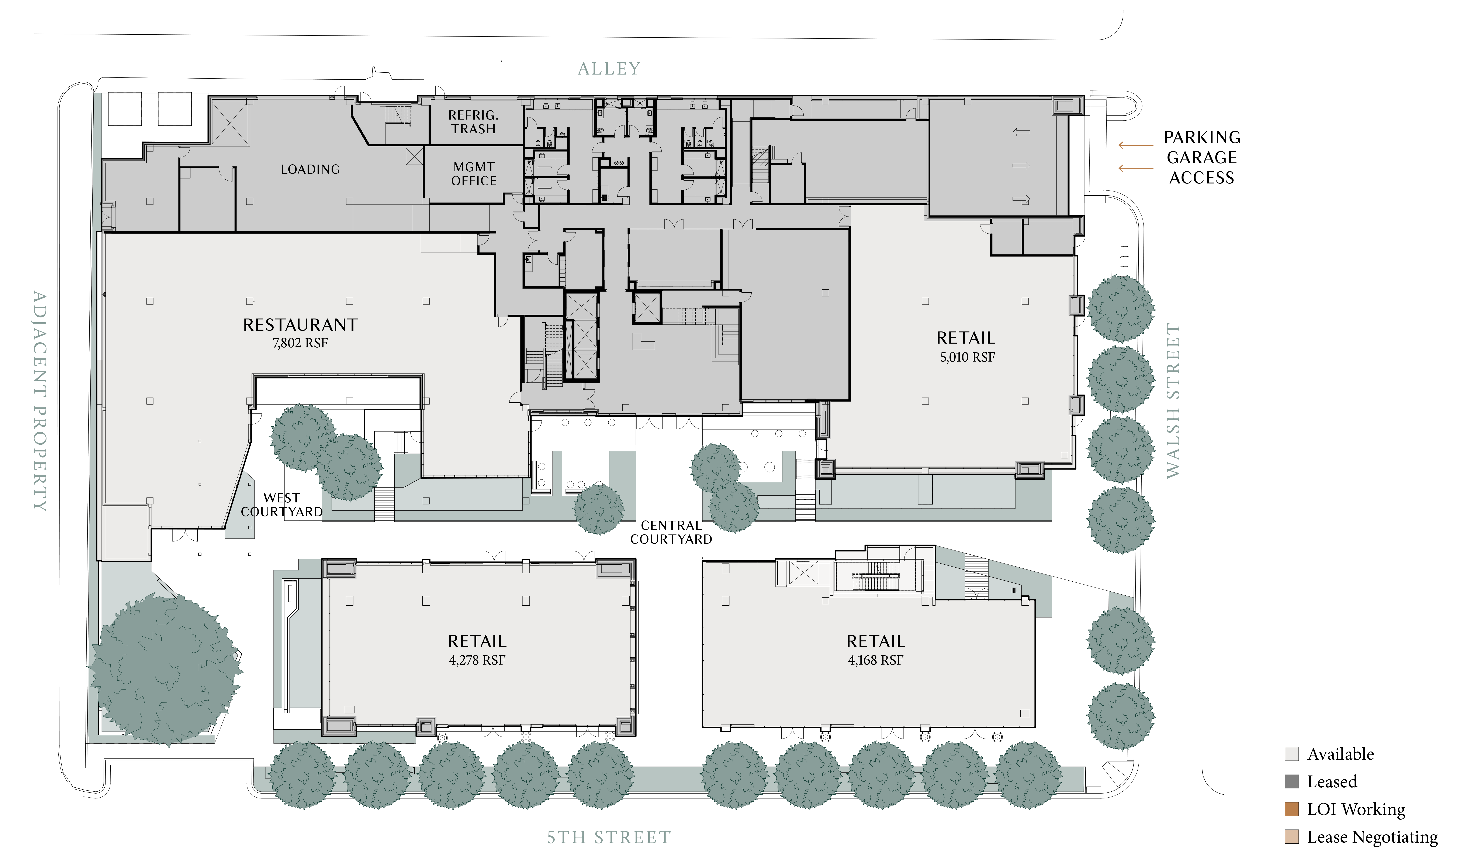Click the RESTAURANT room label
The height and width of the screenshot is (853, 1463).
coord(300,325)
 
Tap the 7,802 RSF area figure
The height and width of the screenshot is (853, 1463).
coord(300,343)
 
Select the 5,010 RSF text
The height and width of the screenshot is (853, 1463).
coord(967,357)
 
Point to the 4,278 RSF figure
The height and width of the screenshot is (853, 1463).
coord(477,660)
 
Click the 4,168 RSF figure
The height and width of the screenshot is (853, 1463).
coord(875,660)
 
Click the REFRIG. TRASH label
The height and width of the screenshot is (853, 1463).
coord(474,122)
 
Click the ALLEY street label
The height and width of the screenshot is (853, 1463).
coord(609,69)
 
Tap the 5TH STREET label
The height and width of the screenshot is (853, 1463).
coord(609,837)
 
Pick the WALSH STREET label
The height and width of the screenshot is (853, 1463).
coord(1173,401)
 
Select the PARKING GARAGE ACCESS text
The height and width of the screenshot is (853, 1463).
coord(1202,157)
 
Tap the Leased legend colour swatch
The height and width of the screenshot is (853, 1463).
coord(1292,782)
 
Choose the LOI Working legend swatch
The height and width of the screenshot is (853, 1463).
coord(1292,809)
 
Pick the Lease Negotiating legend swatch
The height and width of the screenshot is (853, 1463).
coord(1292,837)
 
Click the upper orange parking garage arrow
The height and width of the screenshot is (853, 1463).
coord(1136,145)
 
